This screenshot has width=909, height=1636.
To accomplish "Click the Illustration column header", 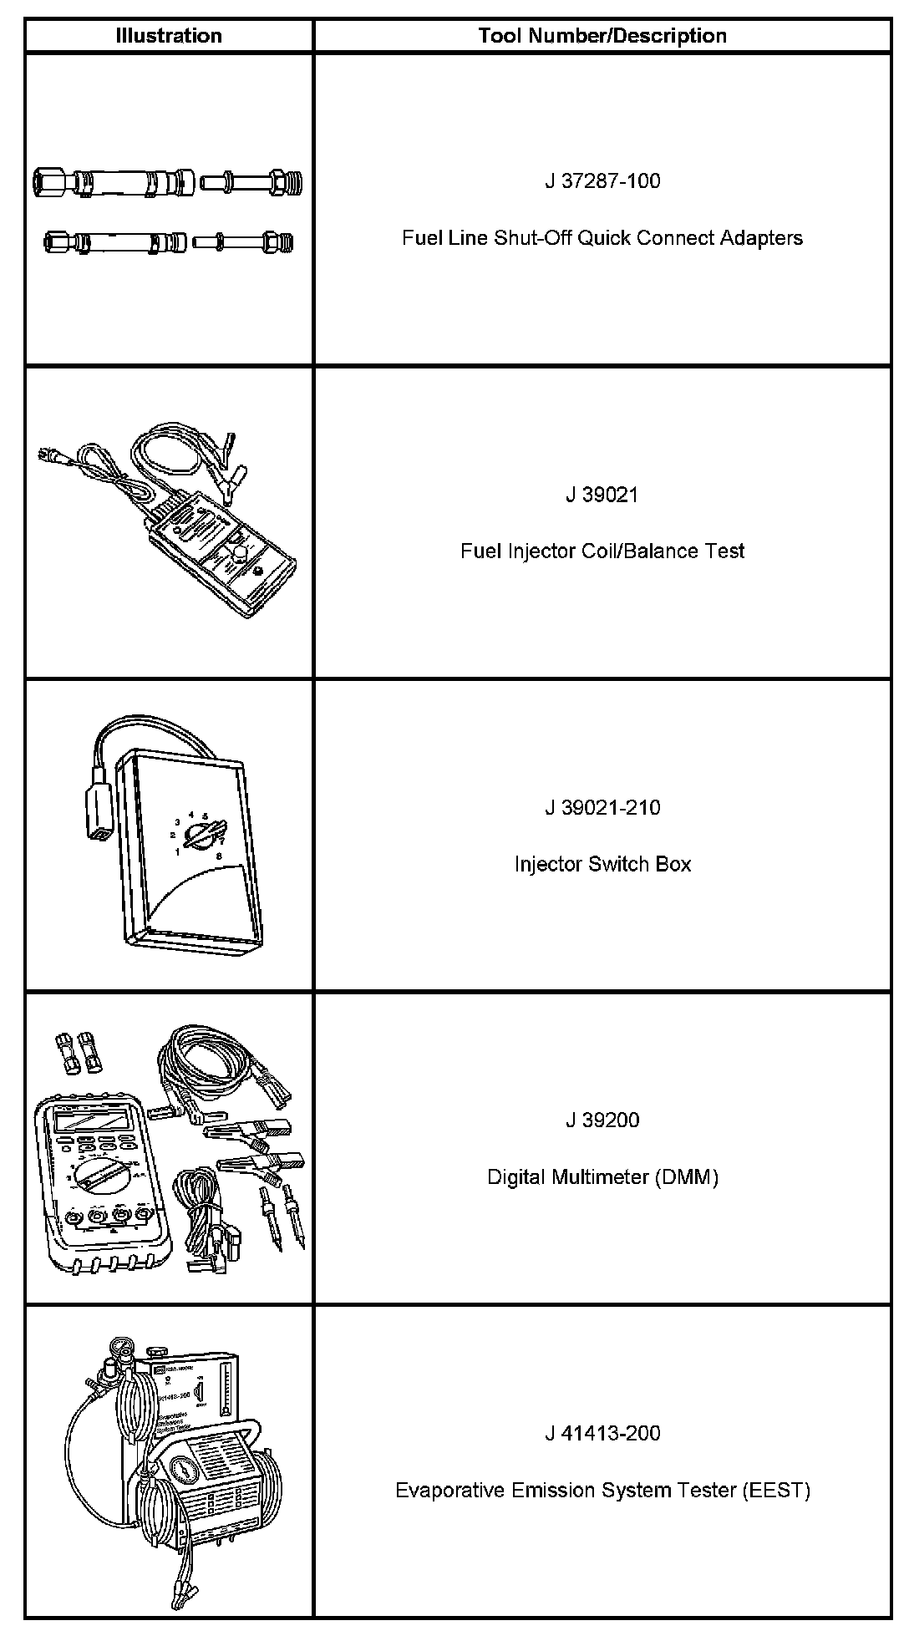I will pos(169,36).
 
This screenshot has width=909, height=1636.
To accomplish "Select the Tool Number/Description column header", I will pos(602,36).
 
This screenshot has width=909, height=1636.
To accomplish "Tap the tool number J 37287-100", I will pos(602,180).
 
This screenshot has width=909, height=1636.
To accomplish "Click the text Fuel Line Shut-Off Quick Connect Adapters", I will pos(602,238).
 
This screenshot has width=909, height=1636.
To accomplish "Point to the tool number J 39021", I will pos(602,495).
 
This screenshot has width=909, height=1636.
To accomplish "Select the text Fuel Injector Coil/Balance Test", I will pos(602,551).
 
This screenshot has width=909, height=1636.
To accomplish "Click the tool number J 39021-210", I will pos(602,808).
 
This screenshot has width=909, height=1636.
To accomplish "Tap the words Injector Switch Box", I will pos(602,864).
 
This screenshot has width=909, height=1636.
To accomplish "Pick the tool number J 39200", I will pos(602,1120).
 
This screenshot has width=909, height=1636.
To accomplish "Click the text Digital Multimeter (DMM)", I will pos(602,1177).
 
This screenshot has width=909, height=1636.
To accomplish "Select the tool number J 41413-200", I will pos(602,1434).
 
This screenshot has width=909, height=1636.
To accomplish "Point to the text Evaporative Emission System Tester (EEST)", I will pos(602,1491).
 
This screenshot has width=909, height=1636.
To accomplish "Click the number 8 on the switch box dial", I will pos(219,856).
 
